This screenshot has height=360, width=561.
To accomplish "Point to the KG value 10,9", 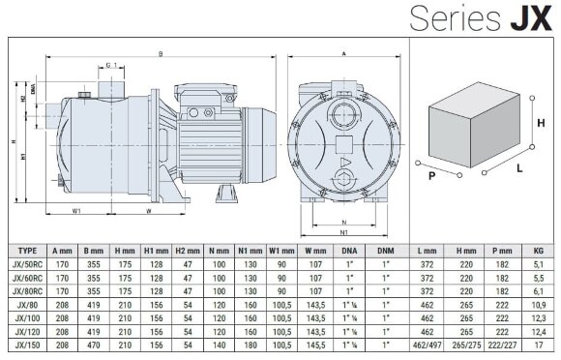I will point(540,303).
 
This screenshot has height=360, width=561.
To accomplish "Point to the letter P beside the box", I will point(431,176).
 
